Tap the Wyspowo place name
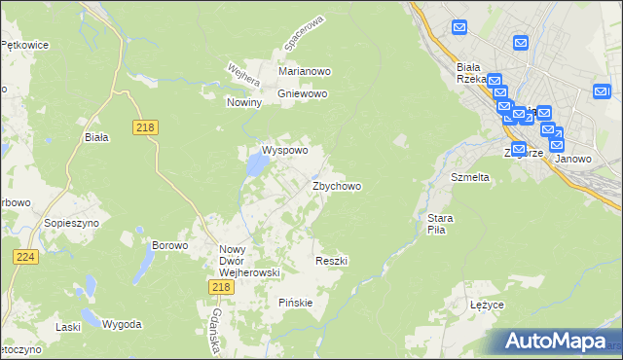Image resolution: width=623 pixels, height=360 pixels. (x=284, y=151)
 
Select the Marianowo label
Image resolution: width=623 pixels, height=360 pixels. (x=306, y=71)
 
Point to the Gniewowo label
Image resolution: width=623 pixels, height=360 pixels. (x=303, y=93)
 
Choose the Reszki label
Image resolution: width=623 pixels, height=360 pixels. (x=332, y=261)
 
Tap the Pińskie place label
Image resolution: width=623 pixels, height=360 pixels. (x=295, y=302)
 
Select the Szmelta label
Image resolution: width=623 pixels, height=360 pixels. (x=469, y=178)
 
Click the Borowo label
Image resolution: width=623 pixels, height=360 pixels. (x=169, y=245)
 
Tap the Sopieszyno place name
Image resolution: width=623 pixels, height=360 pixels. (x=67, y=223)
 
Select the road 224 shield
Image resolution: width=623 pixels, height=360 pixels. (x=26, y=256)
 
